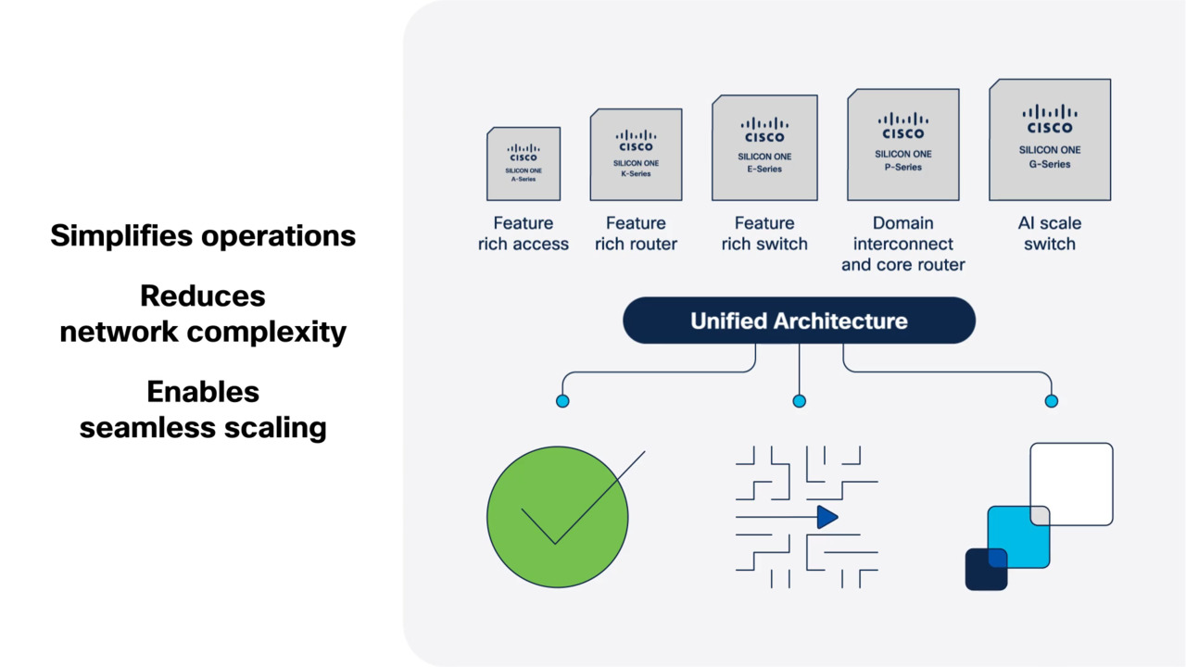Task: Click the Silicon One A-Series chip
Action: pos(524,164)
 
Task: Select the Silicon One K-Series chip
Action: pos(636,155)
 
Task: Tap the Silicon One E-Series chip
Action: pos(764,147)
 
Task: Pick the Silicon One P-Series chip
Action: pos(903,145)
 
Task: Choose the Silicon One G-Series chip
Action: pos(1050,140)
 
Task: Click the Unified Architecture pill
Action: pos(799,321)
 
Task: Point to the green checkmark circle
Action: pos(557,517)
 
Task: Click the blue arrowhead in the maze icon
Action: pos(826,517)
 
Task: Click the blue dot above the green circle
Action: pos(562,401)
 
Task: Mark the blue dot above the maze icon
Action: pos(800,401)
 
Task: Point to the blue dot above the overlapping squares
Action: pos(1052,401)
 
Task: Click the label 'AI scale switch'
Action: pos(1050,233)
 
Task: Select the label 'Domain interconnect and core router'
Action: pos(903,244)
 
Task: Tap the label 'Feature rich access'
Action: pos(524,233)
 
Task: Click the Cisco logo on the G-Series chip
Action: pos(1050,120)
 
